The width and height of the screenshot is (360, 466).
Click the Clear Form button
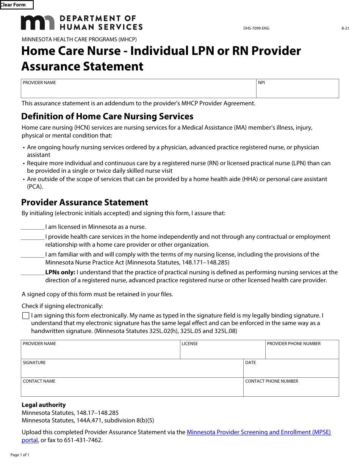point(17,5)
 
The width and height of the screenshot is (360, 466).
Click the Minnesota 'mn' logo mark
point(38,23)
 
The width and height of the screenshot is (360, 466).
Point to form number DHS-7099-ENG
point(256,28)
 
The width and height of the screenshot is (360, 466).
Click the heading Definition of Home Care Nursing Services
point(107,116)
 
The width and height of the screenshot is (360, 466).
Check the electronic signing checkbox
point(26,316)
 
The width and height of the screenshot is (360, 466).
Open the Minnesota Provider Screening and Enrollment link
point(259,432)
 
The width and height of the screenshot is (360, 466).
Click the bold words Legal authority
point(44,405)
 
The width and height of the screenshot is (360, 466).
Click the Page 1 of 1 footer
point(20,455)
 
